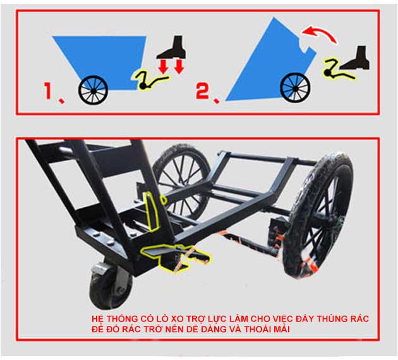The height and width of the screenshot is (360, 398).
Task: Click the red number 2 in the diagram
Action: (202, 92)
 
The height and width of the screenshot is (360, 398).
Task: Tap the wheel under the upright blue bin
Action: (93, 90)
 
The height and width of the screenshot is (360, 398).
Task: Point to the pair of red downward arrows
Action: (171, 66)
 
